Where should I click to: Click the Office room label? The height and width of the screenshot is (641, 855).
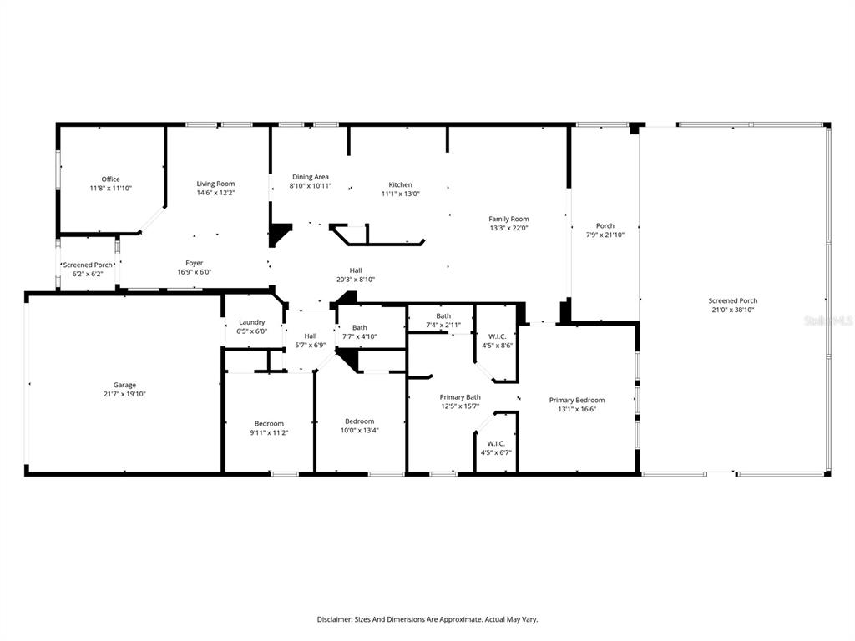click(x=111, y=179)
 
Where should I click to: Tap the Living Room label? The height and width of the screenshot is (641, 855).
click(x=216, y=184)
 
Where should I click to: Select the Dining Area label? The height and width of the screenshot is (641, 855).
click(x=311, y=177)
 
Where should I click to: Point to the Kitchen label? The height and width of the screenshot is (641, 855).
click(x=400, y=184)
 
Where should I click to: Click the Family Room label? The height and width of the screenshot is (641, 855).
click(x=508, y=220)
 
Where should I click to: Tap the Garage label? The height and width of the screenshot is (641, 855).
click(x=125, y=385)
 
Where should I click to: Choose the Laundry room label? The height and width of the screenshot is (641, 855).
click(x=252, y=322)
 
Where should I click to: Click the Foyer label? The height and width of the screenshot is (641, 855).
click(x=194, y=263)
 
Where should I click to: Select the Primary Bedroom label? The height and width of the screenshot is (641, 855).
click(x=577, y=400)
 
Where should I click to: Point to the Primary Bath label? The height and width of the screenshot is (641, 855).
click(x=460, y=397)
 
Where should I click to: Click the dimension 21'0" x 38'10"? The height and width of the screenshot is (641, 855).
click(x=733, y=310)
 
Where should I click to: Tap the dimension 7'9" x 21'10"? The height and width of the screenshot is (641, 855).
click(x=605, y=235)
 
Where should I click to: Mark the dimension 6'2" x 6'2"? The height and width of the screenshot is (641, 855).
click(x=88, y=274)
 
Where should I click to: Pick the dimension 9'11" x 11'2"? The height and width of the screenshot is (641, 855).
click(x=269, y=433)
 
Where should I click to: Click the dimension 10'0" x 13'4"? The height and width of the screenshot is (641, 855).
click(x=359, y=431)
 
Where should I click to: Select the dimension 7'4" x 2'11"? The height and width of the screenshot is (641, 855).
click(x=443, y=326)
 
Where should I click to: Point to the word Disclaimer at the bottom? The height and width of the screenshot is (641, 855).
click(x=334, y=619)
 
